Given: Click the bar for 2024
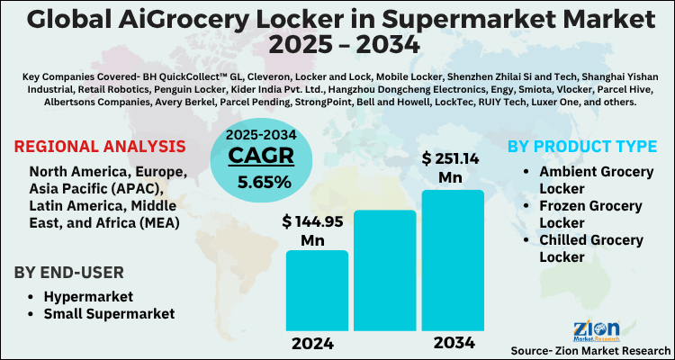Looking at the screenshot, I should pyautogui.click(x=317, y=290).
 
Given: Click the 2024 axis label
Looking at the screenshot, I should pyautogui.click(x=312, y=343).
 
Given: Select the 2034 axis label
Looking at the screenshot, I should pyautogui.click(x=453, y=343).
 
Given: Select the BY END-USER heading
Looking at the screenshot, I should pyautogui.click(x=75, y=273).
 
